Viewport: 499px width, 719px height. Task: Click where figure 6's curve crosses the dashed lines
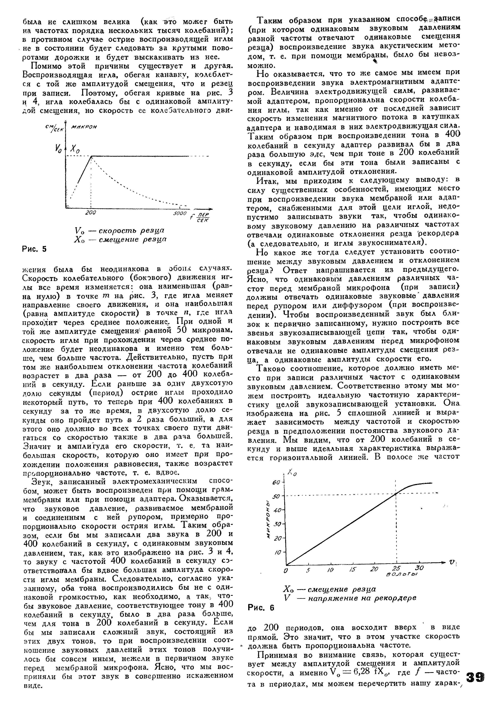(x=396, y=494)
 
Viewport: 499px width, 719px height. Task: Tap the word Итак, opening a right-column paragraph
(x=269, y=181)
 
